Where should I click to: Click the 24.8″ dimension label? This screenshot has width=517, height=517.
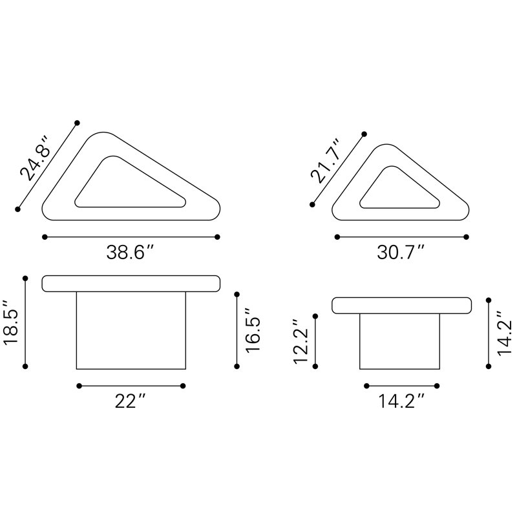(x=34, y=158)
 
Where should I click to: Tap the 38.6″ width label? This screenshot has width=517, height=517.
(x=131, y=253)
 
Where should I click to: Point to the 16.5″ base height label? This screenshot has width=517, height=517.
(x=253, y=331)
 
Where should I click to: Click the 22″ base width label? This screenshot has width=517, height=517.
(x=131, y=401)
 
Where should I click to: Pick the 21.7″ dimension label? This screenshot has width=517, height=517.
(x=325, y=162)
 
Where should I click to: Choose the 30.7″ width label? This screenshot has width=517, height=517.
(x=401, y=253)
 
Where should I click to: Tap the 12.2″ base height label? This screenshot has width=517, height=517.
(x=301, y=341)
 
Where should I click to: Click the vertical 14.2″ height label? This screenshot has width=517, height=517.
(x=504, y=333)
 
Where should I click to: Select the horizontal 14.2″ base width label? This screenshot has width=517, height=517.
(x=401, y=401)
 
